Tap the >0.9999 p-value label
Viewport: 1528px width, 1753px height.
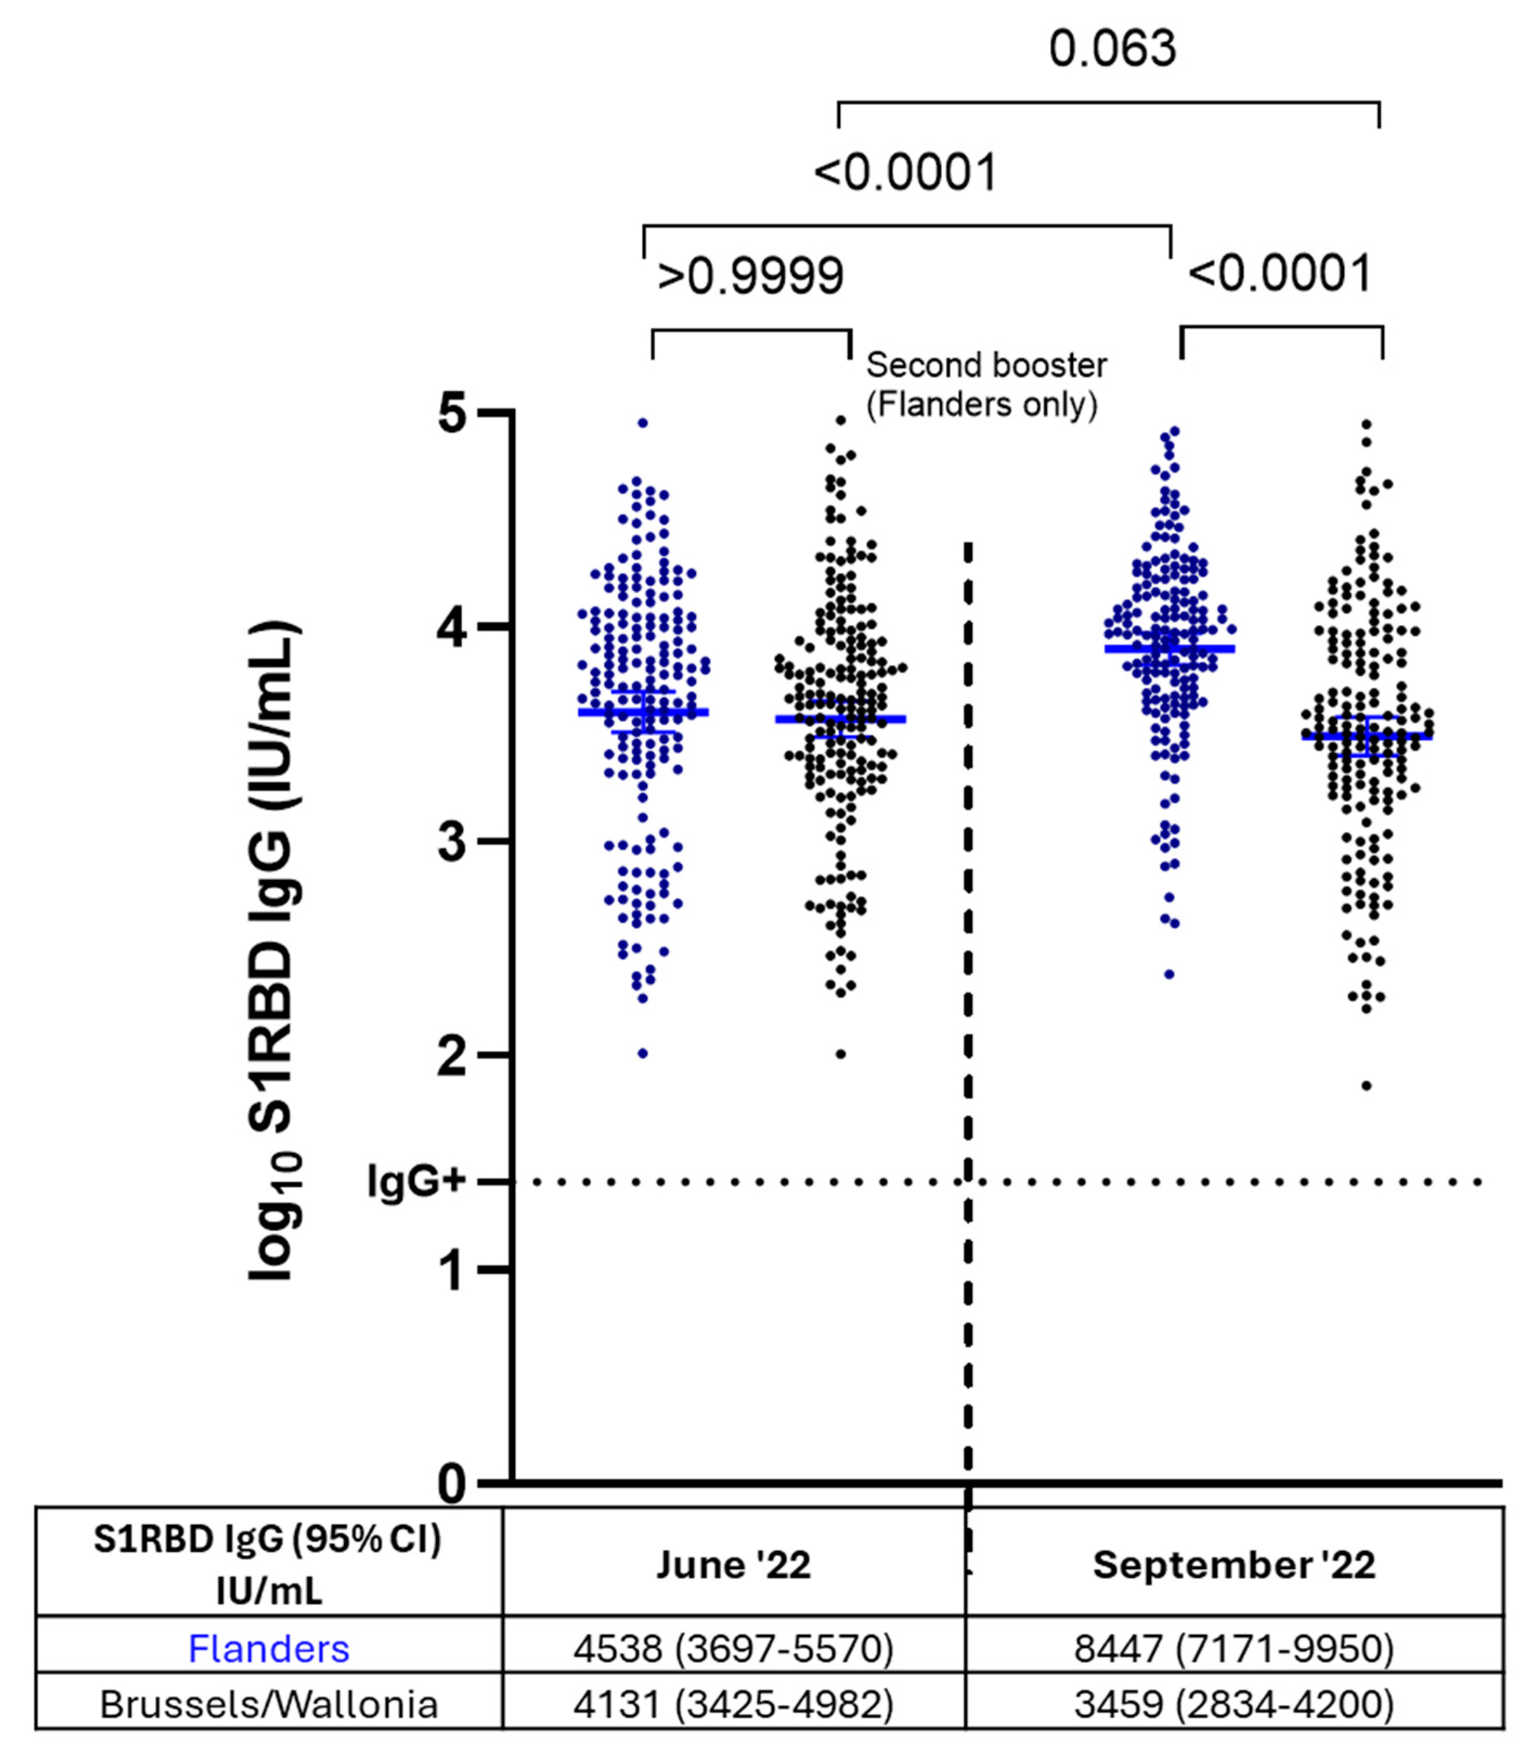(x=750, y=275)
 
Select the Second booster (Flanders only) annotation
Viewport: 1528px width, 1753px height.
(x=986, y=384)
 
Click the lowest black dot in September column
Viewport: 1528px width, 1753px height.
(x=1366, y=1086)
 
